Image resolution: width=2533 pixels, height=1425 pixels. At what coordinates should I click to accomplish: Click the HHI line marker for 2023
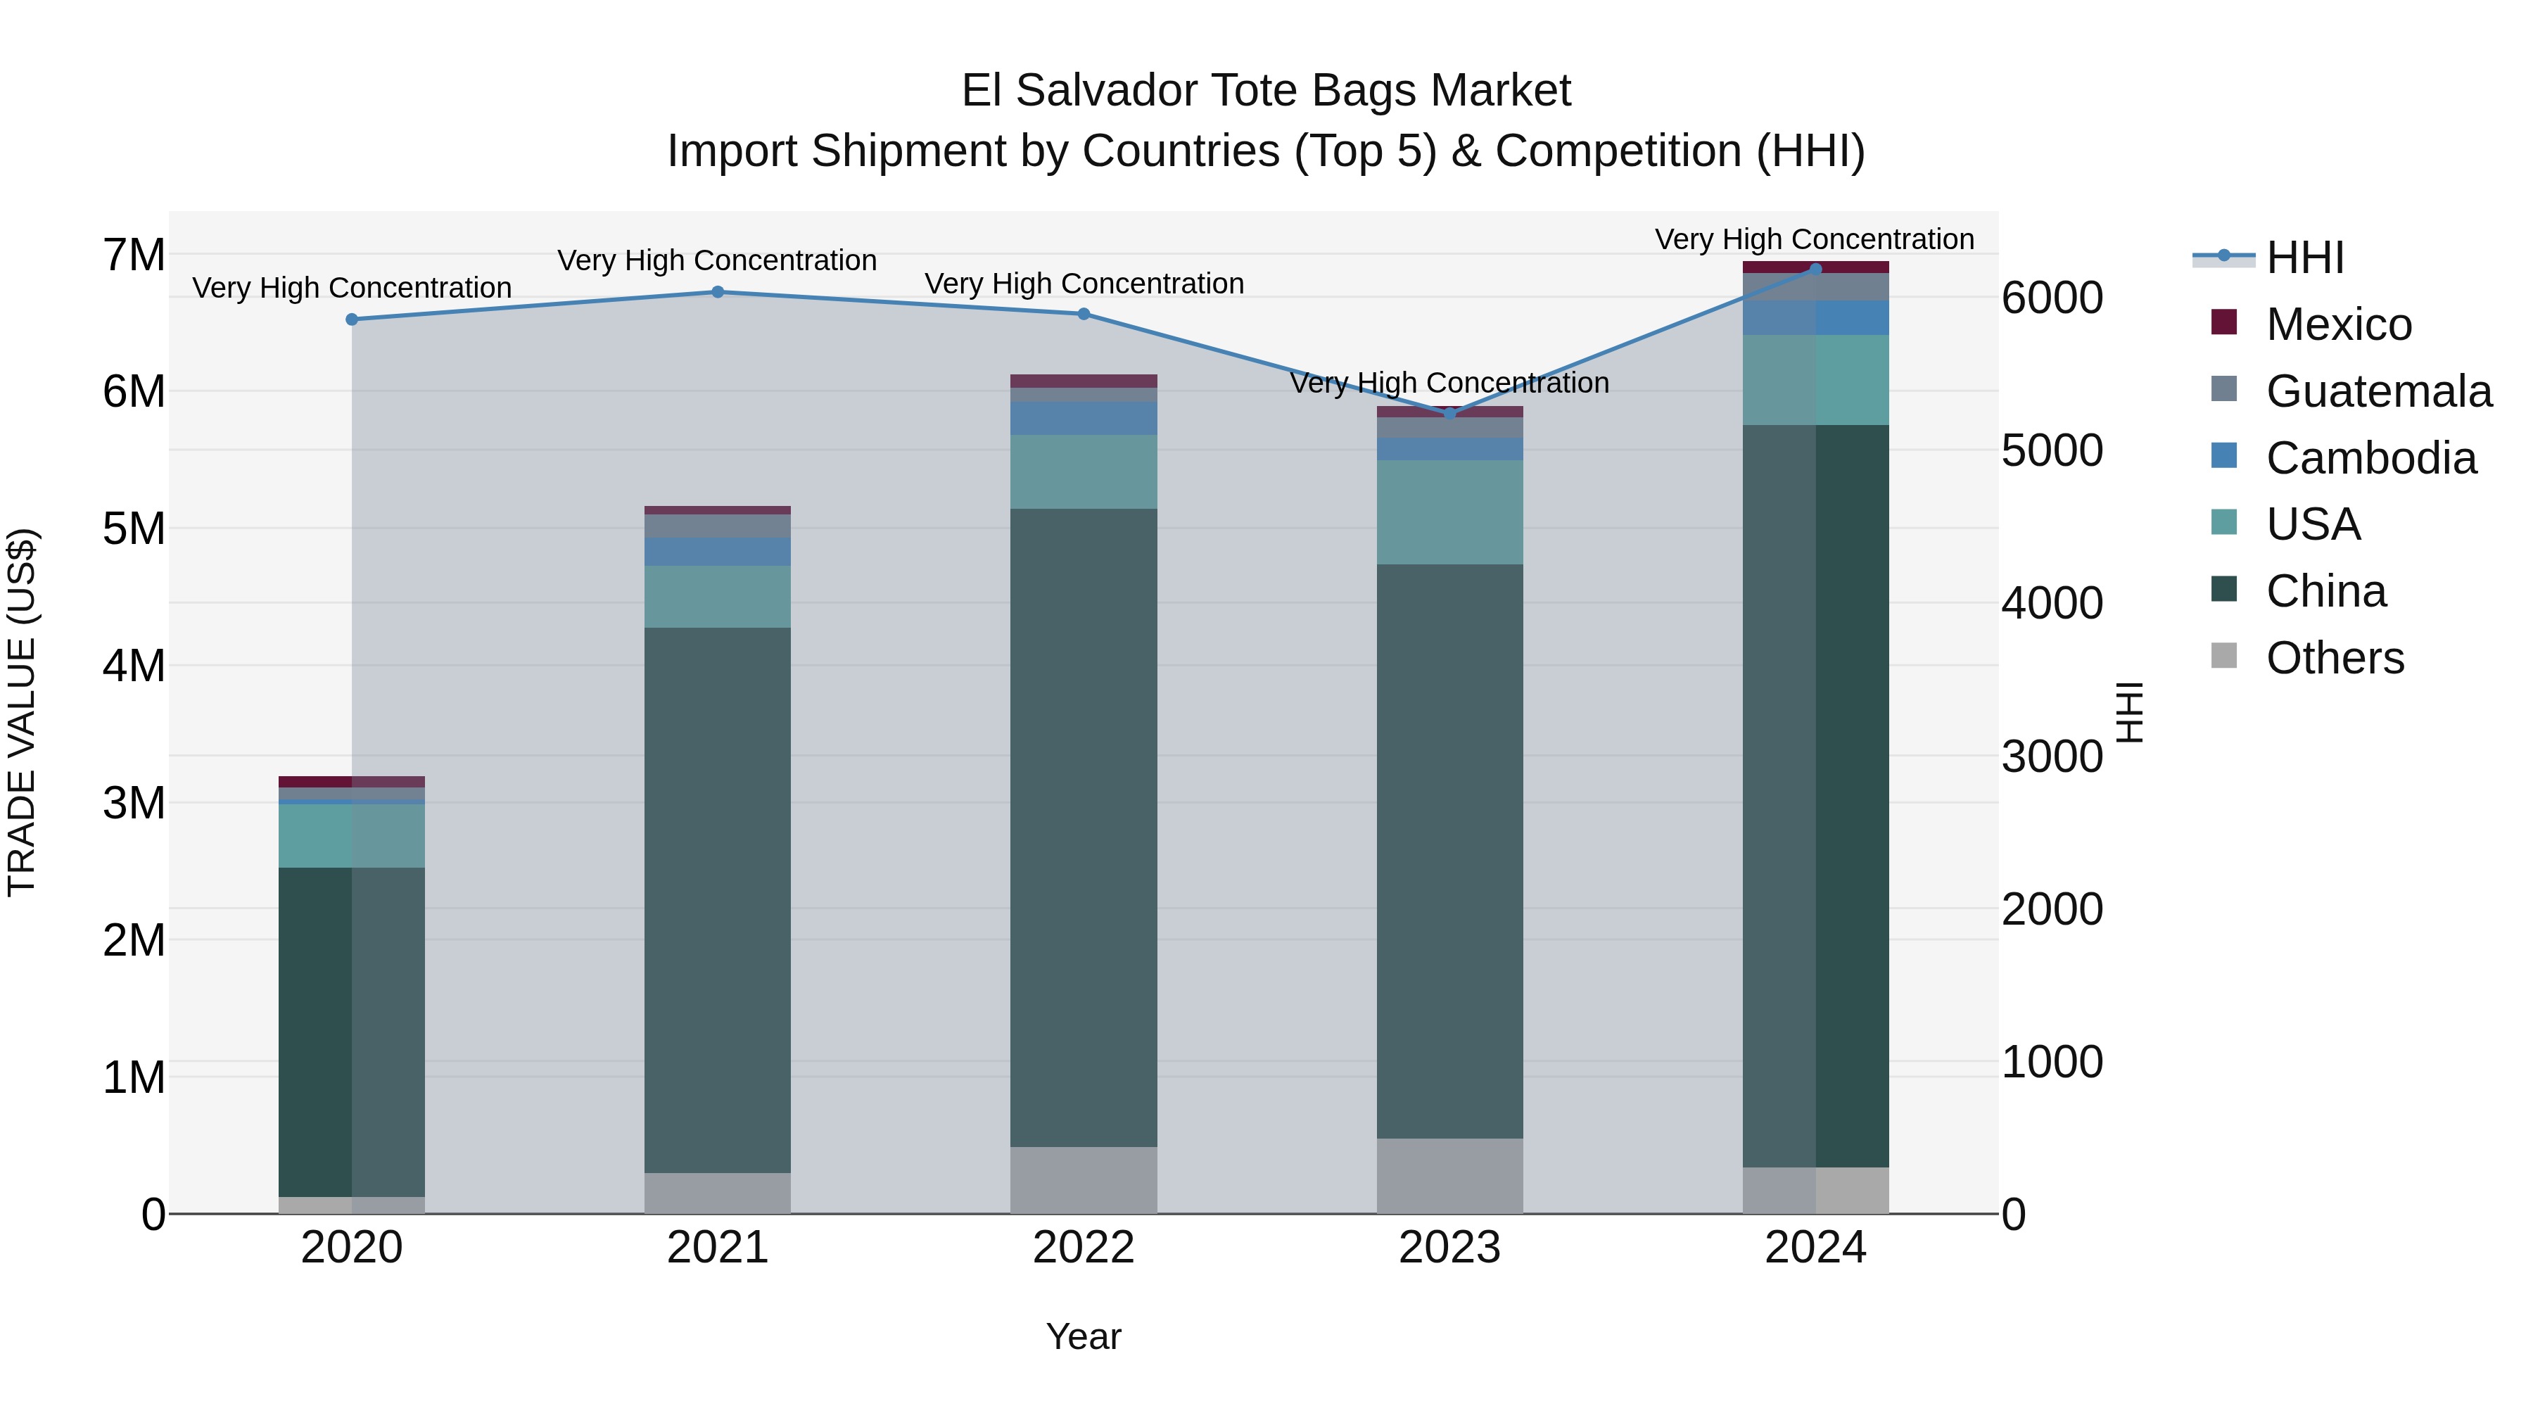(1449, 414)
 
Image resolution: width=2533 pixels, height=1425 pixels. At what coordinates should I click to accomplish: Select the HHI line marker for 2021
(718, 292)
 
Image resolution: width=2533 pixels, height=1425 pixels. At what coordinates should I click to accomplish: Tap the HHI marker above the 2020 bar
(352, 319)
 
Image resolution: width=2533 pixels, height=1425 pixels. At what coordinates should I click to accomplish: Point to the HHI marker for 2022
(1084, 315)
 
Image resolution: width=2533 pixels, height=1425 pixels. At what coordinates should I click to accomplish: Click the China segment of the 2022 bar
(1084, 826)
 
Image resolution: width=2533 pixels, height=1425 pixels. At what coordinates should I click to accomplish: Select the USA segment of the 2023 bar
(1449, 512)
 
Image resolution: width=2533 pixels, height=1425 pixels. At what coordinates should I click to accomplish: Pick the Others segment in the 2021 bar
(718, 1193)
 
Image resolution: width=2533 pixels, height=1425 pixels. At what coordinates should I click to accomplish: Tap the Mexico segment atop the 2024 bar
(1815, 267)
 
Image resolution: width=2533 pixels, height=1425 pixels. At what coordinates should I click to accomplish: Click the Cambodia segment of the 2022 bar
(1084, 418)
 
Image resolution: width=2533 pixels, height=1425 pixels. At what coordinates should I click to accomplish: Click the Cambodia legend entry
(2370, 458)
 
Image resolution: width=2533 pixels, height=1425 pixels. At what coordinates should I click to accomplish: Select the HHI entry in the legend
(2305, 258)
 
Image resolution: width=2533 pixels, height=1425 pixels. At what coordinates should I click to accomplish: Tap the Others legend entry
(2335, 658)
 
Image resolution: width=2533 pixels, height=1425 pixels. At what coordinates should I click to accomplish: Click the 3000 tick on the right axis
(2052, 756)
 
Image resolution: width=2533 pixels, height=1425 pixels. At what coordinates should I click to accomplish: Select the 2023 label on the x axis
(1449, 1248)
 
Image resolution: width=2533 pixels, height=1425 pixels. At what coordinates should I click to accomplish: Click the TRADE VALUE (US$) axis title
(22, 712)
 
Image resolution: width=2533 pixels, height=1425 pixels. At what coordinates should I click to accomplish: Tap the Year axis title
(1084, 1336)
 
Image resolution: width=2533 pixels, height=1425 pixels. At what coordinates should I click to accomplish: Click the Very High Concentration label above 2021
(718, 260)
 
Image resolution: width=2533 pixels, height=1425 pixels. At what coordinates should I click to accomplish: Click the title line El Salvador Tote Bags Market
(1266, 91)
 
